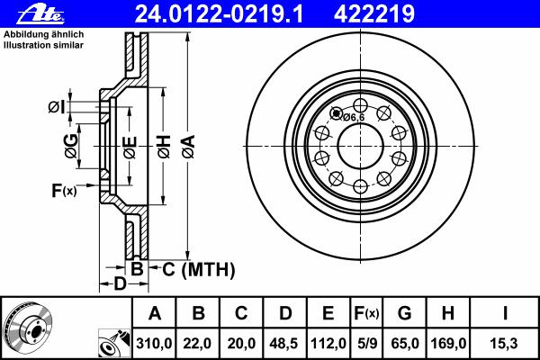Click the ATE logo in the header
point(40,14)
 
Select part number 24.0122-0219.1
point(219,14)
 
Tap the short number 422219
point(374,14)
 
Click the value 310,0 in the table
point(154,344)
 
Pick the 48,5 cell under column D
point(284,344)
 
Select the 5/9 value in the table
point(367,344)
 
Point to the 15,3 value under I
point(504,344)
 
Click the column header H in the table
point(447,313)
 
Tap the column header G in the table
point(404,313)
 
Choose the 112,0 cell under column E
point(328,344)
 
